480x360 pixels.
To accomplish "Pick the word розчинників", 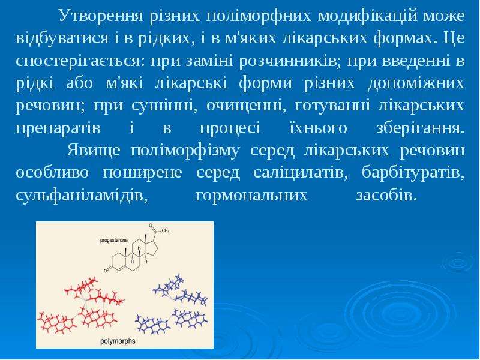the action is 289,62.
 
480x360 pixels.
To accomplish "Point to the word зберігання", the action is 421,128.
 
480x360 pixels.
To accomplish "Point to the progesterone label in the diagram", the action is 114,241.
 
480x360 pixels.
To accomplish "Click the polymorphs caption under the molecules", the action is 118,341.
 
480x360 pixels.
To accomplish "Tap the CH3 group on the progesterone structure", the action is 166,231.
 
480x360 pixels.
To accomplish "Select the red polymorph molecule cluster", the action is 81,306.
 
